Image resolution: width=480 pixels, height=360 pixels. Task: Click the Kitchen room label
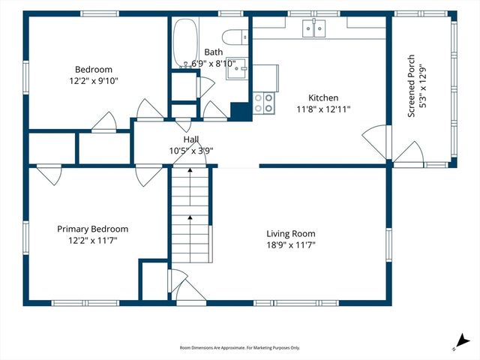click(x=323, y=98)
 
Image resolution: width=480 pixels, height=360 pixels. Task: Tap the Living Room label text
click(x=291, y=234)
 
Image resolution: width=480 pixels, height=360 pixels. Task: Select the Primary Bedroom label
click(x=93, y=229)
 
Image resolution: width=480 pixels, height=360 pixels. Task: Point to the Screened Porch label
click(x=411, y=85)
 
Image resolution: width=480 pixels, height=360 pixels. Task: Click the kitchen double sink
click(x=313, y=28)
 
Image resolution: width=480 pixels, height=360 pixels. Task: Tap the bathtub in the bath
click(x=185, y=43)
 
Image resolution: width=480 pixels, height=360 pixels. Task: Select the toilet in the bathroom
click(x=235, y=37)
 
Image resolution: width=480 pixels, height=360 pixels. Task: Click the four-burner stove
click(x=263, y=103)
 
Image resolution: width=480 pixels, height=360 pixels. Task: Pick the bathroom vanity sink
click(x=236, y=68)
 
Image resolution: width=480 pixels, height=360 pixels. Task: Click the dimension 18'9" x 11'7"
click(x=291, y=245)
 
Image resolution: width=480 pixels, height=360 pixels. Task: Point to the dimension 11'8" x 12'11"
click(x=323, y=109)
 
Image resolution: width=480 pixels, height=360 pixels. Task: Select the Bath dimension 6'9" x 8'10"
click(x=214, y=64)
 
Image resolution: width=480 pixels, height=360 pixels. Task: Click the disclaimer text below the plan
click(x=240, y=348)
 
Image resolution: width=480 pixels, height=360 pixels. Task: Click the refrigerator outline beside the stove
click(x=265, y=78)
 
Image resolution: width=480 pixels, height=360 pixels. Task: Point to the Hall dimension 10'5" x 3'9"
click(x=191, y=151)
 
